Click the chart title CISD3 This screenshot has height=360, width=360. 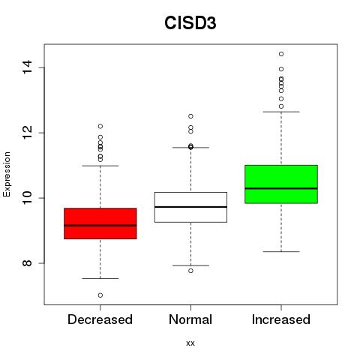click(190, 23)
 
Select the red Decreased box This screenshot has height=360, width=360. click(100, 223)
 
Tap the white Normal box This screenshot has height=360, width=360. click(190, 207)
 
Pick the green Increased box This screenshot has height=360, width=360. click(281, 184)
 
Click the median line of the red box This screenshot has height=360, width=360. click(100, 226)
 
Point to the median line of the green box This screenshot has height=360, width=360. click(281, 188)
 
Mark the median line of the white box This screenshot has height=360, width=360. click(190, 207)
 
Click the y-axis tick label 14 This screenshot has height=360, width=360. click(27, 67)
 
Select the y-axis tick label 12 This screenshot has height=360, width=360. click(27, 133)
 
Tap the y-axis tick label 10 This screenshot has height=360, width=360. click(27, 198)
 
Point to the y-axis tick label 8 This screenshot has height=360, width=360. click(27, 263)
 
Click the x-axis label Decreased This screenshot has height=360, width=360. click(100, 319)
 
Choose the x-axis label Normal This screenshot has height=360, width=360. click(190, 319)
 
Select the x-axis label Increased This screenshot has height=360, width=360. click(281, 319)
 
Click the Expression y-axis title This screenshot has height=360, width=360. click(7, 174)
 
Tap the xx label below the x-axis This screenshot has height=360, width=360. click(190, 343)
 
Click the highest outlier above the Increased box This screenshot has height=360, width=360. click(281, 54)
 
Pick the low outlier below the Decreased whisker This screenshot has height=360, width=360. click(100, 295)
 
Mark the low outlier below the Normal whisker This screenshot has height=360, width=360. click(190, 271)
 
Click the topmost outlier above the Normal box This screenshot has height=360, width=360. click(190, 116)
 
